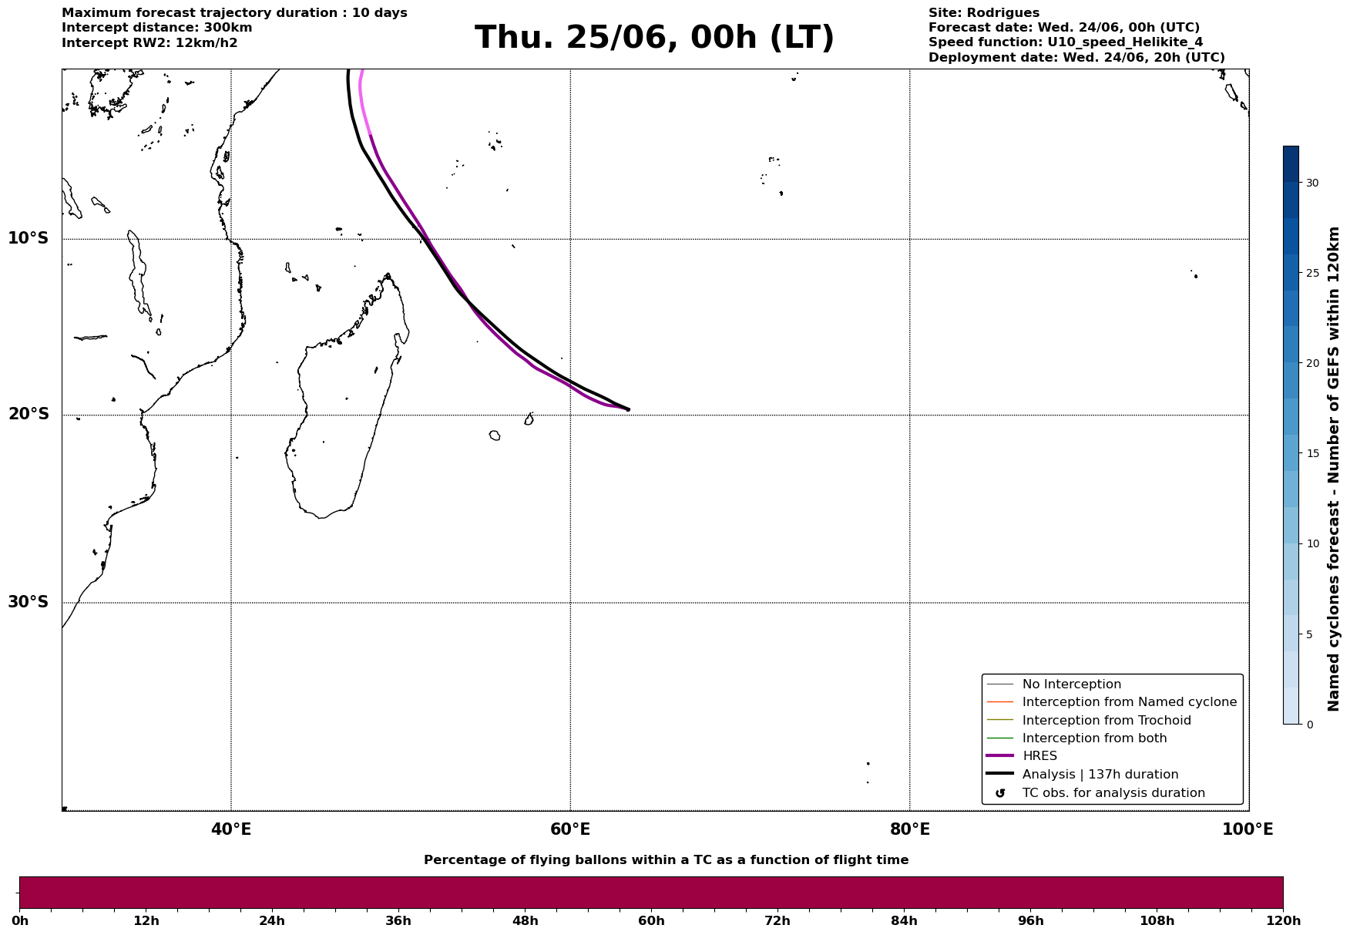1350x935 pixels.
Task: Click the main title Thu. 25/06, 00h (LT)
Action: [x=654, y=38]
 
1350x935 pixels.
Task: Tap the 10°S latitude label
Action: [x=29, y=238]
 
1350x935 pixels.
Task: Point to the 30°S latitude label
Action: [x=29, y=602]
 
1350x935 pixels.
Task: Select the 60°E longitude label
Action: [x=570, y=829]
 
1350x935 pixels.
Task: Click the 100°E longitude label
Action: [x=1248, y=829]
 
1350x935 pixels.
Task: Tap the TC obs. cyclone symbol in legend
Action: [x=1000, y=793]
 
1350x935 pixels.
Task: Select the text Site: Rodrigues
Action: [x=984, y=13]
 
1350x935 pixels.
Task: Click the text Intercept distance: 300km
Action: [x=157, y=28]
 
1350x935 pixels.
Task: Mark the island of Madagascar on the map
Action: [x=347, y=401]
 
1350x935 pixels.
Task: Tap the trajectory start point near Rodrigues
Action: [x=628, y=409]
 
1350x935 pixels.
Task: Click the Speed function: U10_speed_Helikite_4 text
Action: [x=1066, y=42]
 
